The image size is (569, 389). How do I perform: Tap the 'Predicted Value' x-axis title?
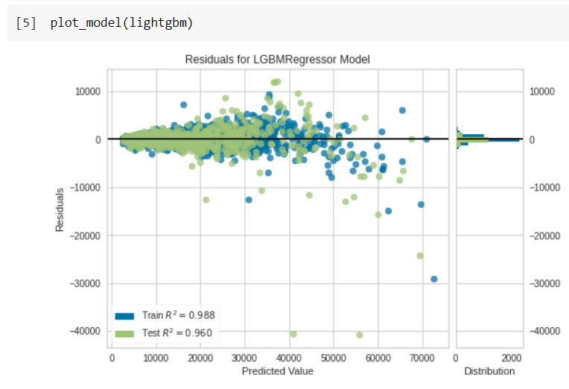coord(278,371)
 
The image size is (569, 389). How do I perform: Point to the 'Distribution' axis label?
coord(489,371)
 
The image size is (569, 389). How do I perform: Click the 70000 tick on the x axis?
coord(422,357)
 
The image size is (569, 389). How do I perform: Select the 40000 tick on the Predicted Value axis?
coord(289,357)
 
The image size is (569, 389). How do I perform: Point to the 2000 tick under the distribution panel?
coord(512,357)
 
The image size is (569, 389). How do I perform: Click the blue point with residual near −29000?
coord(434,279)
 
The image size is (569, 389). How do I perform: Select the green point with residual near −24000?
coord(420,256)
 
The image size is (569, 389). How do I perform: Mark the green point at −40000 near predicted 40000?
coord(293,334)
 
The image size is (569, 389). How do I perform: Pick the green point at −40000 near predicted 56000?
coord(360,335)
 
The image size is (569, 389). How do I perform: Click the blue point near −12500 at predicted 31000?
coord(249,199)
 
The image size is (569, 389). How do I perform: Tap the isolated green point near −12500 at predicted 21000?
coord(206,199)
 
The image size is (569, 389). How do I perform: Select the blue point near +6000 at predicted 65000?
coord(402,110)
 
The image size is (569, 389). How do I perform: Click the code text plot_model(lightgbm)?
coord(121,22)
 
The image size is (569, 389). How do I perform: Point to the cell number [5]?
coord(26,22)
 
